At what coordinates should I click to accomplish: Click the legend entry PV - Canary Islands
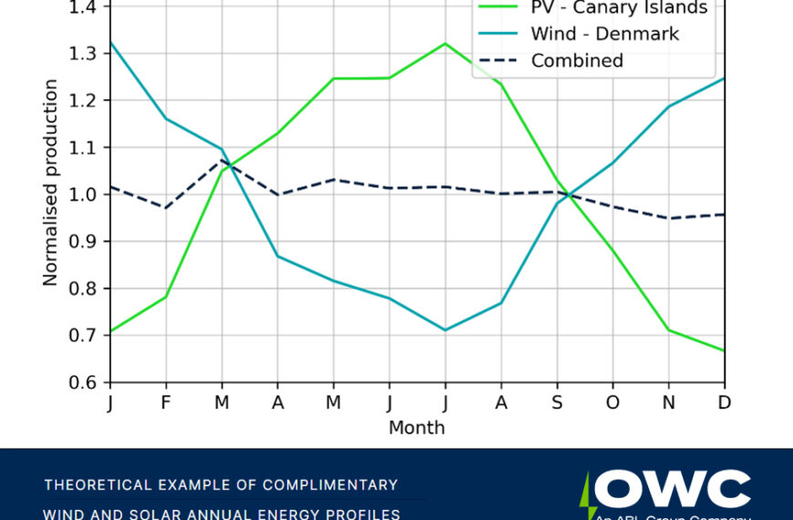click(619, 8)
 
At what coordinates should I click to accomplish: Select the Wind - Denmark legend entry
click(605, 35)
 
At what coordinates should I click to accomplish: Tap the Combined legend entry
click(577, 61)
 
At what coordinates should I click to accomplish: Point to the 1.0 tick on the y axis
click(88, 194)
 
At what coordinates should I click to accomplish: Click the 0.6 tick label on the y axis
click(88, 382)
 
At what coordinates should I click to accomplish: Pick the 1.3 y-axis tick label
click(88, 54)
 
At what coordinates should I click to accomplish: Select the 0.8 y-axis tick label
click(88, 288)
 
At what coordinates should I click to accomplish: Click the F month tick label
click(166, 402)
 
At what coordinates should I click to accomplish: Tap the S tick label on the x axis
click(557, 402)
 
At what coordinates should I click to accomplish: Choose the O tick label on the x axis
click(613, 402)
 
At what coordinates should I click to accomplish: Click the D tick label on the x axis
click(725, 402)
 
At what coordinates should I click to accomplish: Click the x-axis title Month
click(417, 427)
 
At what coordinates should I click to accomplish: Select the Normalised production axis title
click(51, 182)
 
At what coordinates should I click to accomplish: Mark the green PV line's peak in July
click(445, 44)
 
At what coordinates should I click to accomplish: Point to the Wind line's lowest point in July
click(445, 329)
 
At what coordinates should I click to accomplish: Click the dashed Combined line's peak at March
click(221, 161)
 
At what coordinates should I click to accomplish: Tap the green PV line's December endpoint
click(724, 350)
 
